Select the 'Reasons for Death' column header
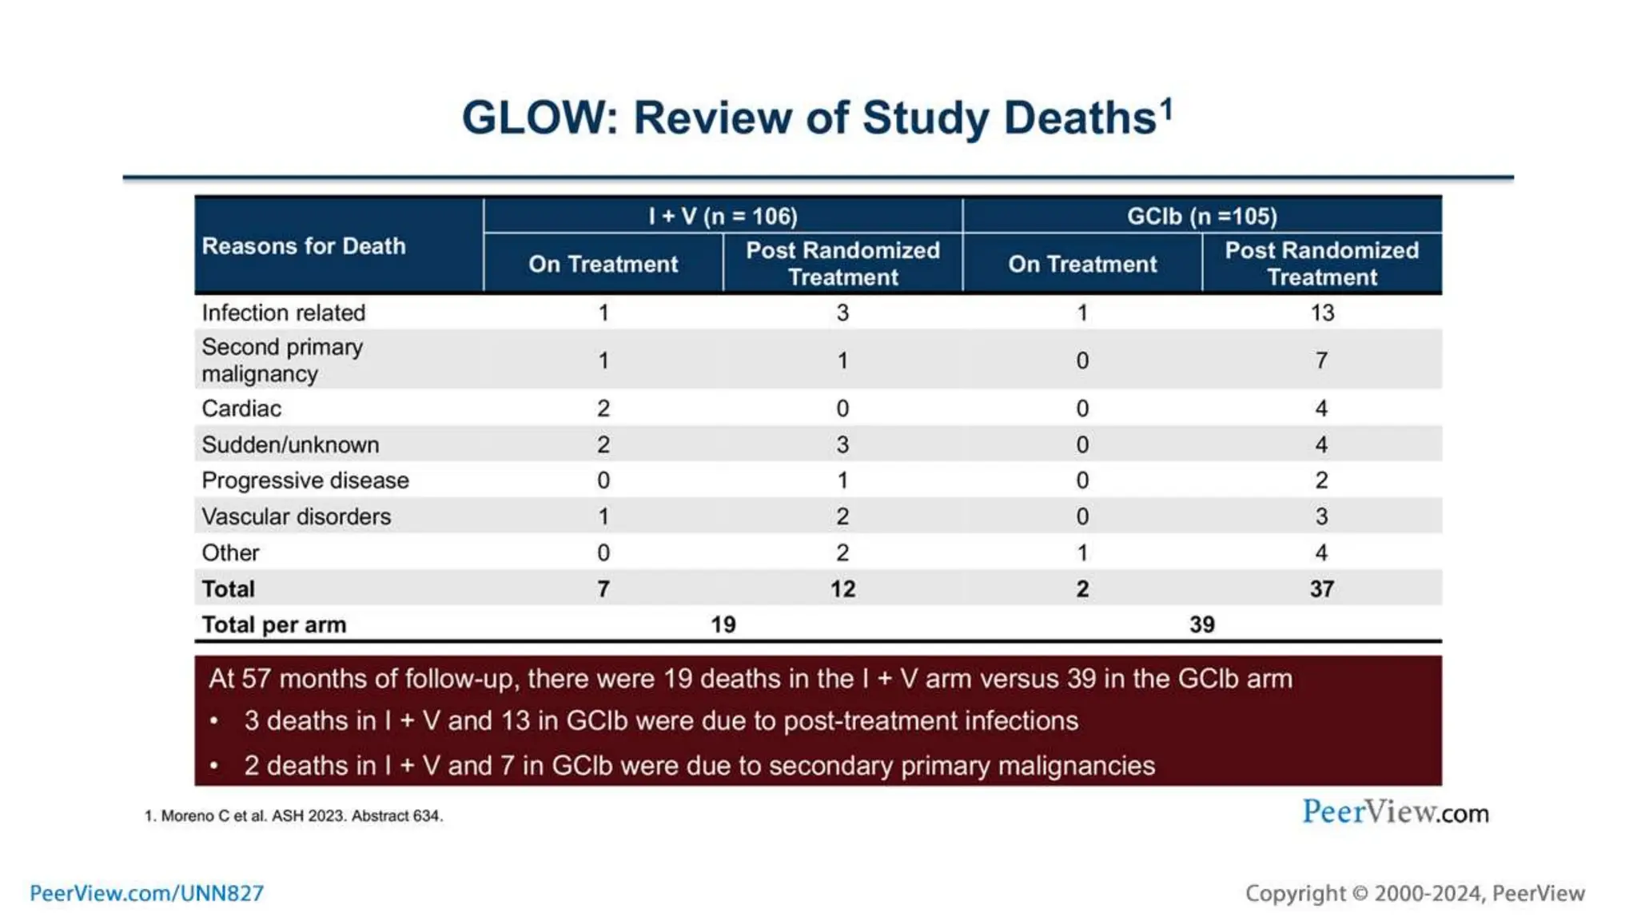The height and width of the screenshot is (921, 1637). pyautogui.click(x=303, y=245)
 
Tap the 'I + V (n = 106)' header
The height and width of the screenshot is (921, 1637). pyautogui.click(x=723, y=216)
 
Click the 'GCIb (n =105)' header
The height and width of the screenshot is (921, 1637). pyautogui.click(x=1201, y=216)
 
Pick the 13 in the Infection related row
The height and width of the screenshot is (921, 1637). pyautogui.click(x=1321, y=313)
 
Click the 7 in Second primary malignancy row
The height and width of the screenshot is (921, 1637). pyautogui.click(x=1321, y=361)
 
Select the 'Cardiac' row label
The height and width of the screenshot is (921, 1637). pyautogui.click(x=241, y=409)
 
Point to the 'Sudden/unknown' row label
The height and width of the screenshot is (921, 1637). pyautogui.click(x=290, y=445)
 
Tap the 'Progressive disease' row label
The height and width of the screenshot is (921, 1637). pyautogui.click(x=305, y=480)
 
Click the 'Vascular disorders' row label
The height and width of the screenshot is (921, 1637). pyautogui.click(x=296, y=516)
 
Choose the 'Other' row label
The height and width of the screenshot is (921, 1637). pyautogui.click(x=230, y=552)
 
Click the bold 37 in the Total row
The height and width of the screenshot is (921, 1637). pyautogui.click(x=1321, y=589)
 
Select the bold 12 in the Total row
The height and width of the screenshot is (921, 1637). pyautogui.click(x=842, y=589)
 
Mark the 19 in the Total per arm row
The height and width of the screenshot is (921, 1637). pyautogui.click(x=723, y=624)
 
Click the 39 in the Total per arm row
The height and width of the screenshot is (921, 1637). pyautogui.click(x=1201, y=624)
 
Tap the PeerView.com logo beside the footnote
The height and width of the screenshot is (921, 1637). pyautogui.click(x=1395, y=812)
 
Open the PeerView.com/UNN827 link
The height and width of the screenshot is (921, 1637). pyautogui.click(x=146, y=893)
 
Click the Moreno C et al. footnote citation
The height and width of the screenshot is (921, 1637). pyautogui.click(x=293, y=815)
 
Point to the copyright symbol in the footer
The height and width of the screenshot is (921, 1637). pyautogui.click(x=1360, y=894)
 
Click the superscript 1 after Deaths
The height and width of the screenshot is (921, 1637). pyautogui.click(x=1167, y=107)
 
